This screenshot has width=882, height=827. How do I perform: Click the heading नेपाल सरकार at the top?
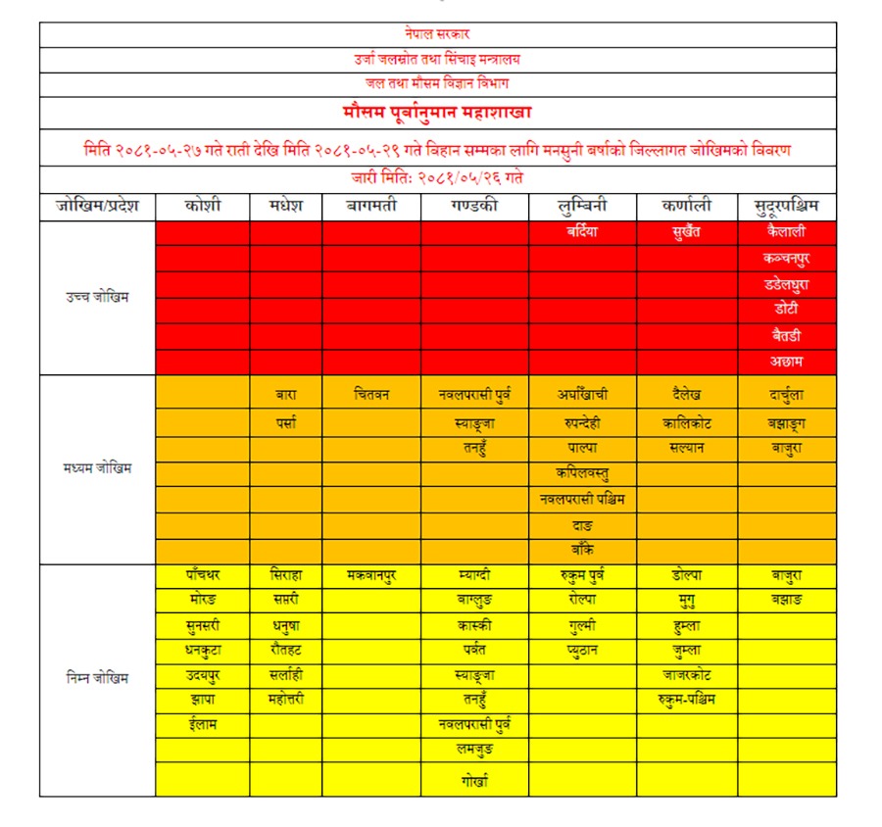click(x=437, y=34)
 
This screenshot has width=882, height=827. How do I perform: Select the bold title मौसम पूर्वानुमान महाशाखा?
click(x=437, y=113)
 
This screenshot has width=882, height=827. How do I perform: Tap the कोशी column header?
click(x=202, y=207)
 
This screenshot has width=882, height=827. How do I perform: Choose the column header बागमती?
click(x=371, y=207)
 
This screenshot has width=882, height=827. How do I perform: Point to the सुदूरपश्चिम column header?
click(x=786, y=207)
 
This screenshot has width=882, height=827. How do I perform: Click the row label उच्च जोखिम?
click(x=97, y=297)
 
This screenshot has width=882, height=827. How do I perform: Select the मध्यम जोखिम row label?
click(x=97, y=468)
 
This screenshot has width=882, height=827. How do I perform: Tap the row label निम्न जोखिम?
click(x=97, y=677)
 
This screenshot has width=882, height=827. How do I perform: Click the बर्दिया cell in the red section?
click(x=581, y=233)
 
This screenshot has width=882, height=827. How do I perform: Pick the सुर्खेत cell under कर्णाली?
click(x=686, y=233)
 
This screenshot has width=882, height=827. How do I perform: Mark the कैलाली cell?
click(x=786, y=233)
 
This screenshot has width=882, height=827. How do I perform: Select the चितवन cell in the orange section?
click(x=371, y=395)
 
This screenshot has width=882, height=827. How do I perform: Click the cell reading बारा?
click(x=285, y=395)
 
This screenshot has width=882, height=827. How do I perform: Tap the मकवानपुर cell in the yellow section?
click(x=371, y=574)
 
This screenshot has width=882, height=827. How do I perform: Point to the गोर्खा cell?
click(x=474, y=781)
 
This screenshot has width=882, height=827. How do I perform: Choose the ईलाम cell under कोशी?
click(x=202, y=725)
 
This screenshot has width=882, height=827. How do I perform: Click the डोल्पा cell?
click(x=686, y=574)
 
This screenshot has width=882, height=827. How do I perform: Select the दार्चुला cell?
click(x=786, y=395)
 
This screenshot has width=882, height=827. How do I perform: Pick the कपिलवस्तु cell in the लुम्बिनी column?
click(x=581, y=474)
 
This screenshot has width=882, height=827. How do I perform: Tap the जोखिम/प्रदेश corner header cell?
click(x=97, y=207)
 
